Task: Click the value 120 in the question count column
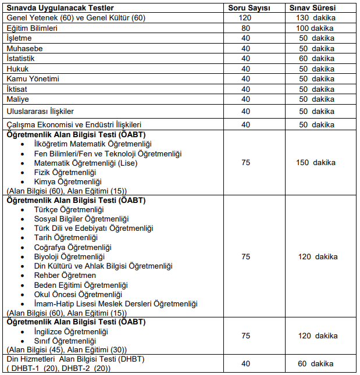point(245,18)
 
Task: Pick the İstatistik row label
point(20,59)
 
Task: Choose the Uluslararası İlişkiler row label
point(40,111)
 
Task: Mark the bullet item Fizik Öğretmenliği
point(65,173)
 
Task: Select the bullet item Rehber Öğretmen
point(65,276)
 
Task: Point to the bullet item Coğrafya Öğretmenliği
point(73,247)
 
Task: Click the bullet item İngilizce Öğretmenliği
point(71,331)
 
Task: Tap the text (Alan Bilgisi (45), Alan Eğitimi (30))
point(66,350)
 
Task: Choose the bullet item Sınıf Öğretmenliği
point(65,341)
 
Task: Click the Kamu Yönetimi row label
point(33,78)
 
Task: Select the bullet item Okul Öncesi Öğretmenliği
point(73,294)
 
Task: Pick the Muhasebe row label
point(24,48)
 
